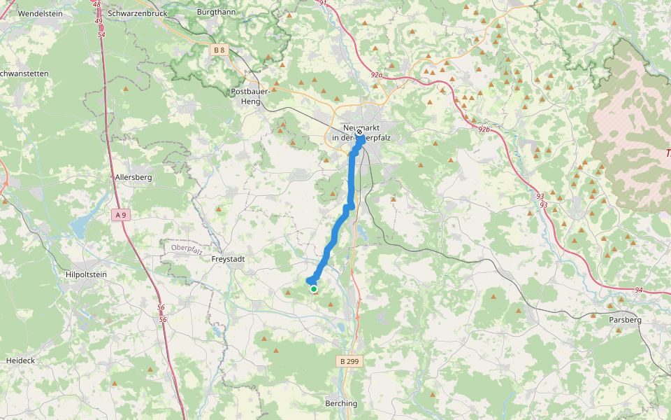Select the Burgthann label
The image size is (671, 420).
216,13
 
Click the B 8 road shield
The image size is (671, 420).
219,50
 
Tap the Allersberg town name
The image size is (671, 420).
134,178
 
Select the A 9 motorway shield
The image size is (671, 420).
120,215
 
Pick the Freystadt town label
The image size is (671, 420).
228,259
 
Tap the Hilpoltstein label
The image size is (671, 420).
85,275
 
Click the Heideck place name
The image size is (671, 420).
20,360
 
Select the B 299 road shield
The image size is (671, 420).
349,361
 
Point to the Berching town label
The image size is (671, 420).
341,404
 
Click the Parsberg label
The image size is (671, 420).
626,319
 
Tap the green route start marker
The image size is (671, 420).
314,288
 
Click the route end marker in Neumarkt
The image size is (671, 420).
359,132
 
